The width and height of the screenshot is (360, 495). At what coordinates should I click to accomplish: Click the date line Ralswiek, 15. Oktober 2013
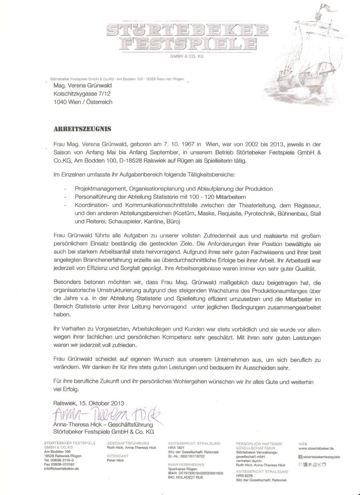coord(89,402)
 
